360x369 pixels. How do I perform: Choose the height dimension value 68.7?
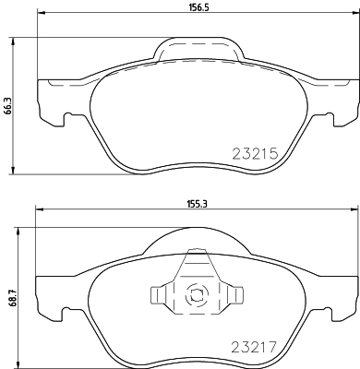tap(10, 298)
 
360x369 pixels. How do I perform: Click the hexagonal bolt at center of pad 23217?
tap(195, 296)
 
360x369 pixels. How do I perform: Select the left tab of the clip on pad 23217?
tap(157, 296)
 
